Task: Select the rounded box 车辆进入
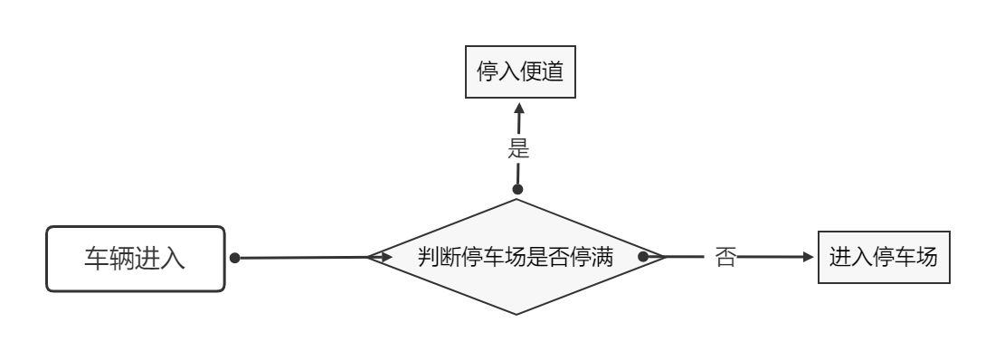coord(135,258)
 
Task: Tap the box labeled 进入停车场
coord(884,257)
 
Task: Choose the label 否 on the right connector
coord(725,257)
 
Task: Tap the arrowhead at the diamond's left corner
coord(384,258)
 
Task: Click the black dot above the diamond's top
coord(518,190)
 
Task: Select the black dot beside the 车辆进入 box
coord(234,258)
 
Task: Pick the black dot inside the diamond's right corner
coord(643,257)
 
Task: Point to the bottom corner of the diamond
coord(516,315)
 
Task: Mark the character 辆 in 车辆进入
coord(122,258)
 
